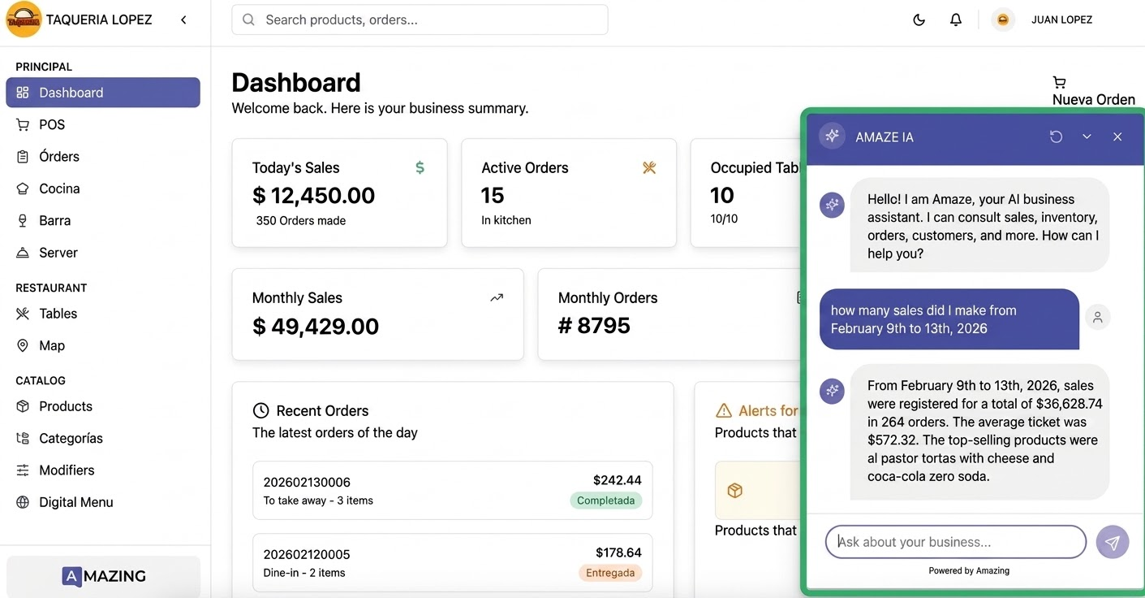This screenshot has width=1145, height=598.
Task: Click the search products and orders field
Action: click(420, 20)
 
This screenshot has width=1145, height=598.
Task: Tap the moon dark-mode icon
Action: click(919, 20)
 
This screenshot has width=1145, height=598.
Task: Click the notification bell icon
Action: click(955, 20)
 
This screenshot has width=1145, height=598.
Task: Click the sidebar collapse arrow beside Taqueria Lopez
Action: click(183, 20)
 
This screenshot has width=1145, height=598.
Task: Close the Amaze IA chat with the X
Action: click(1117, 136)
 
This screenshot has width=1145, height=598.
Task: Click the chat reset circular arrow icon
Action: click(1056, 136)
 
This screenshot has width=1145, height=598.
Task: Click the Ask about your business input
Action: click(955, 542)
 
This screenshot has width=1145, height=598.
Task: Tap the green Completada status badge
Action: click(605, 500)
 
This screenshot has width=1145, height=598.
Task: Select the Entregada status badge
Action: click(609, 572)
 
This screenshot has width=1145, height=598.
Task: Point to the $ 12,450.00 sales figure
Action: click(313, 195)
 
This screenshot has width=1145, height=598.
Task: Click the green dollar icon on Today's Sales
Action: click(420, 167)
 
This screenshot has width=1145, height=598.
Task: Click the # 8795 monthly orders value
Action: click(594, 326)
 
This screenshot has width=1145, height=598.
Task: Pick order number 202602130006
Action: click(307, 482)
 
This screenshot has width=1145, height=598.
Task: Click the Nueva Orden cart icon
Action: click(1059, 82)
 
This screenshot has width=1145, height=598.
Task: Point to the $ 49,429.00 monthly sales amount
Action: click(316, 326)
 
